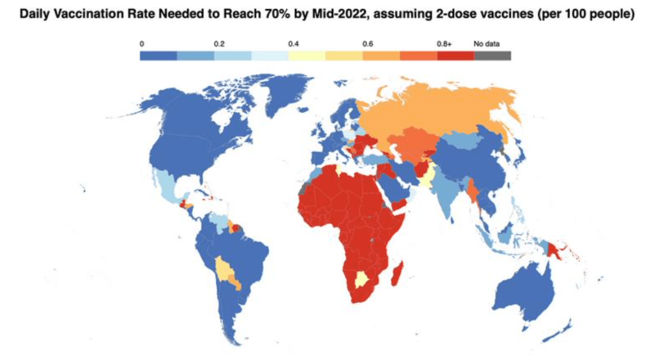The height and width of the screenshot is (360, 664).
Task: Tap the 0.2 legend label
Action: tap(219, 44)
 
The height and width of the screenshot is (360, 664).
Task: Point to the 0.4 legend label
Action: tap(293, 44)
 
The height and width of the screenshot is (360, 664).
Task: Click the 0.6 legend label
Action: tap(368, 44)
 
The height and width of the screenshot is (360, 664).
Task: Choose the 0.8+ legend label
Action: tap(444, 44)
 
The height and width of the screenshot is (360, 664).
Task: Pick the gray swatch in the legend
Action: tap(492, 56)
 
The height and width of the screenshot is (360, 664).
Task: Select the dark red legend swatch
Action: tap(455, 56)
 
